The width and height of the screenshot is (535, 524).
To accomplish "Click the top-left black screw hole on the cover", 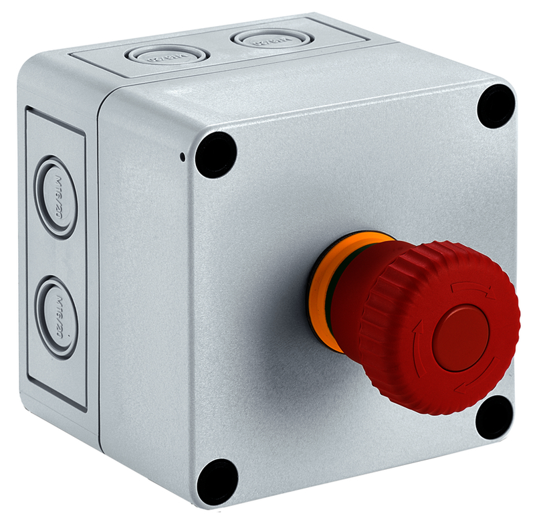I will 216,155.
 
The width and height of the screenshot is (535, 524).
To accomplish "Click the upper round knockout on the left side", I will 56,197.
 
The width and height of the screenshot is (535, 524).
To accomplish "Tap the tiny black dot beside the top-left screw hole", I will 183,158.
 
